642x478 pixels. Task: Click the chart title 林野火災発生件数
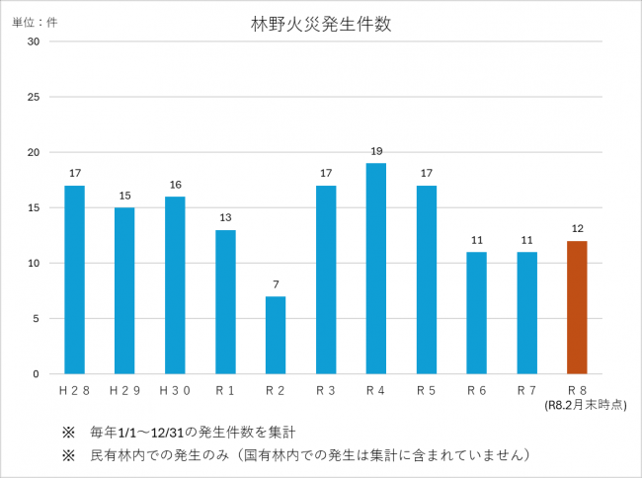[x=321, y=25]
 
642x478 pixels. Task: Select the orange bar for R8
[x=577, y=307]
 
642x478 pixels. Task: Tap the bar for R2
[x=276, y=335]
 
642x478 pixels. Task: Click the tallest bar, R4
[x=375, y=269]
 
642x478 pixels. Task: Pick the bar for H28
[x=74, y=279]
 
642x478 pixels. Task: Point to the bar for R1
[x=225, y=301]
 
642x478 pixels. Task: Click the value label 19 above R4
[x=375, y=151]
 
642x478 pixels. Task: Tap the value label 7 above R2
[x=276, y=284]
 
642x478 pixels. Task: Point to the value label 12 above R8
[x=577, y=229]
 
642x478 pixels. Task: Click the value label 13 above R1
[x=225, y=218]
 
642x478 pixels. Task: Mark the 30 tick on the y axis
[x=34, y=41]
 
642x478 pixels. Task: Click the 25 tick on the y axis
[x=34, y=97]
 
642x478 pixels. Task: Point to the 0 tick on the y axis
[x=37, y=374]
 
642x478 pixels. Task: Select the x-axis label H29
[x=124, y=391]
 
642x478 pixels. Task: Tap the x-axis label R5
[x=426, y=391]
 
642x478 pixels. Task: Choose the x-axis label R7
[x=526, y=391]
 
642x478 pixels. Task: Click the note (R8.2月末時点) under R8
[x=585, y=405]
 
